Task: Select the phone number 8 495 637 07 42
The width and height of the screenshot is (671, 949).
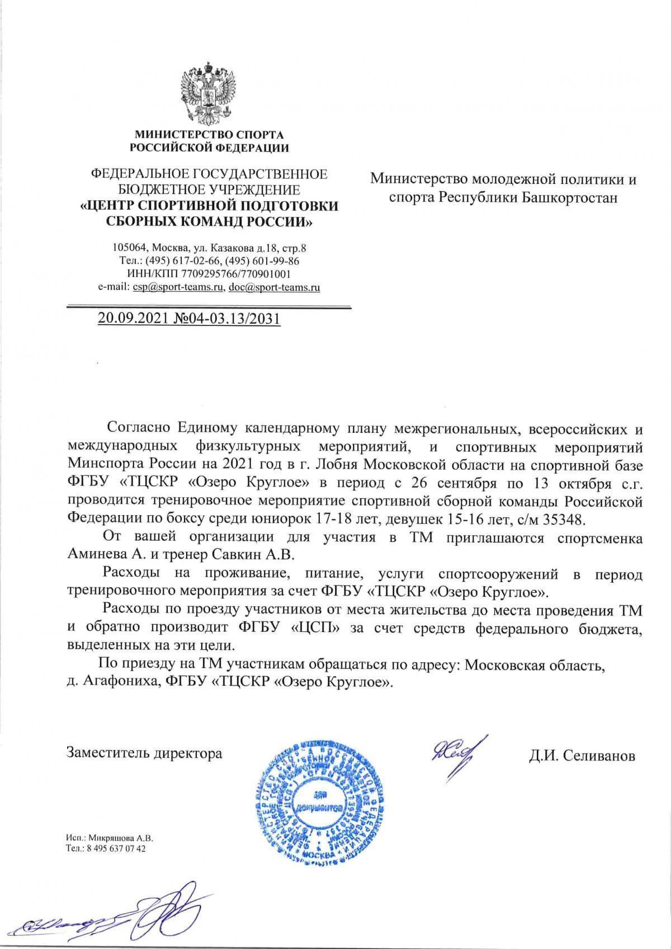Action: pos(114,848)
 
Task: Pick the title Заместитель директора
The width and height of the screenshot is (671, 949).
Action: pos(144,753)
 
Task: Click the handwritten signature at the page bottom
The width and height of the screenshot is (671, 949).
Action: pos(115,909)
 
